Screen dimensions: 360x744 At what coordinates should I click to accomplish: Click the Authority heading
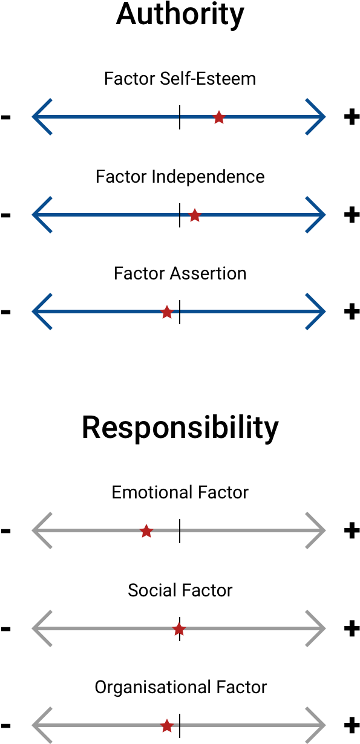coord(180,15)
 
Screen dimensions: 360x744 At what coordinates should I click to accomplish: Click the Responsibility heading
coord(180,428)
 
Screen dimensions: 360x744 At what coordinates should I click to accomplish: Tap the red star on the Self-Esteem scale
coord(219,117)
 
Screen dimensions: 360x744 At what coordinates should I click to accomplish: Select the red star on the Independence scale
coord(195,215)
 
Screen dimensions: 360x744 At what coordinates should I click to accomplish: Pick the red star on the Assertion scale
coord(167,312)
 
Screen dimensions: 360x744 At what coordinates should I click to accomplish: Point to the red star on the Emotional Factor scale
coord(146,531)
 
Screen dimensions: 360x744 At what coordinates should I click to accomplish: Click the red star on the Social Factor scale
coord(179,629)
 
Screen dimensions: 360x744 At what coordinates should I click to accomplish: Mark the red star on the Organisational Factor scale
coord(167,726)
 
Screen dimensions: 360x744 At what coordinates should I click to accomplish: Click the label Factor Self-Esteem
coord(180,79)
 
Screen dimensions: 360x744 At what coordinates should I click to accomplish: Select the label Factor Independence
coord(180,177)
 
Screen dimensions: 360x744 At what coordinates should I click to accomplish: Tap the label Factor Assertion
coord(180,273)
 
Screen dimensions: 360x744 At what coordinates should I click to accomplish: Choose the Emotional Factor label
coord(180,492)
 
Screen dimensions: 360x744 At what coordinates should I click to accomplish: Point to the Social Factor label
coord(180,590)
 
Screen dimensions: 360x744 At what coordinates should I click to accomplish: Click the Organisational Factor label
coord(181,688)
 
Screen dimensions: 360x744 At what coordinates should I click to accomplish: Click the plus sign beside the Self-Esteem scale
coord(352,117)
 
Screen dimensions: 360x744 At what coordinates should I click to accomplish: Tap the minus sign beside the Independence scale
coord(5,215)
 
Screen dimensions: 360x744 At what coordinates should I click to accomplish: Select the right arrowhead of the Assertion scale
coord(315,312)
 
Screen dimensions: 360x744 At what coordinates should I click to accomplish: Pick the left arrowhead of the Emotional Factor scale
coord(42,530)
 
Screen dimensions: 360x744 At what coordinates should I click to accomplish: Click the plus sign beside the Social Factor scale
coord(352,628)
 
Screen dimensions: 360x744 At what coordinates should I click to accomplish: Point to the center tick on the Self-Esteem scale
coord(180,117)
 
